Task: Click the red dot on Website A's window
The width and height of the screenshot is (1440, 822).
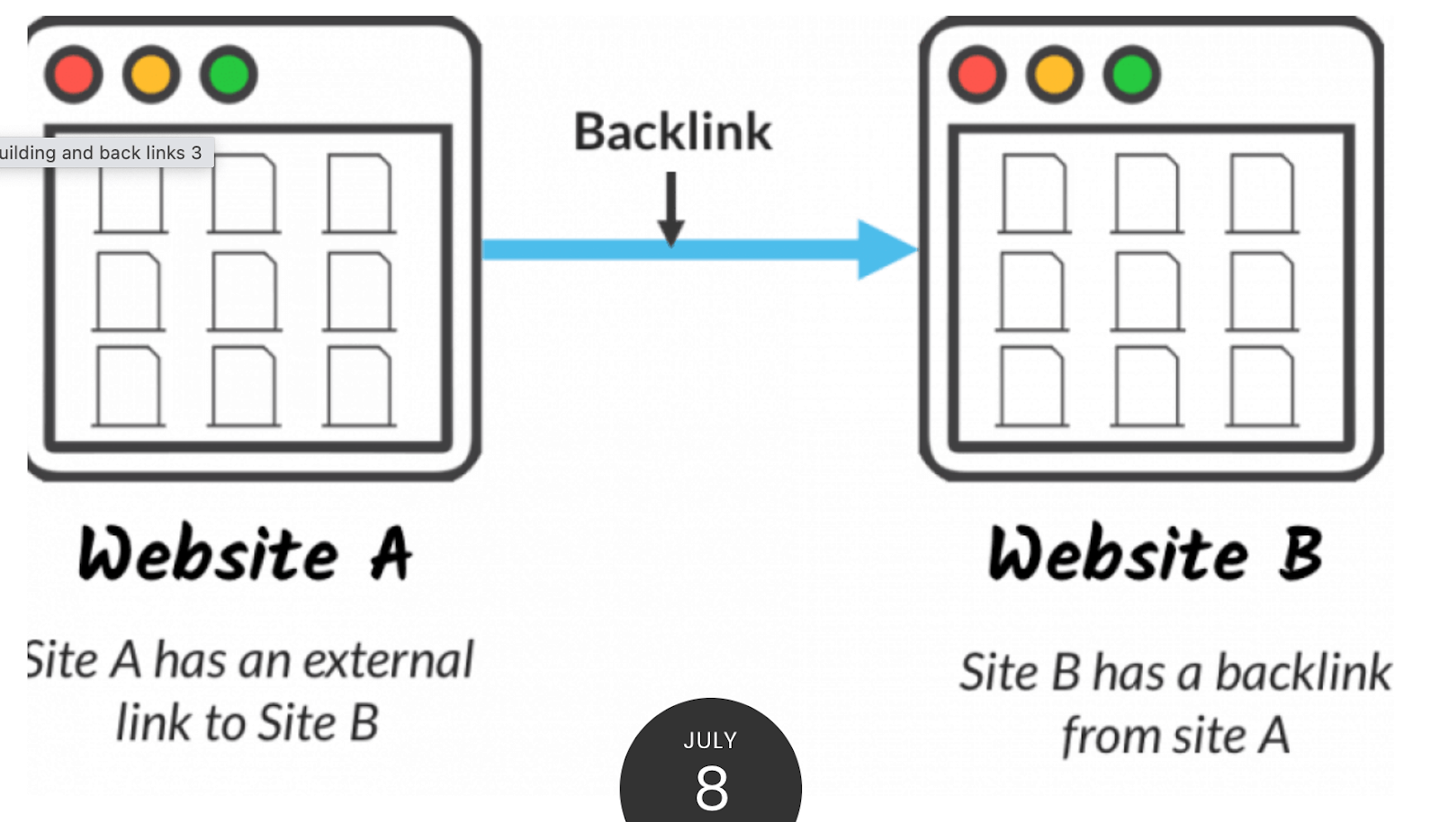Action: [74, 75]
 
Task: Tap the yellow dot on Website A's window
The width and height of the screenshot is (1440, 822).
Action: [151, 75]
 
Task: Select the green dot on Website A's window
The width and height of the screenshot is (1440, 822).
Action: [229, 75]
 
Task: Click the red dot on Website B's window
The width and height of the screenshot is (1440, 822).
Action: [977, 75]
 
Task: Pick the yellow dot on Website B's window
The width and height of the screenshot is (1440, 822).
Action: [1055, 75]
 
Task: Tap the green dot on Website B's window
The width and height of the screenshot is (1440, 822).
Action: [1132, 75]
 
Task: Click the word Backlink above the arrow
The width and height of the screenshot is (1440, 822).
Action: [672, 133]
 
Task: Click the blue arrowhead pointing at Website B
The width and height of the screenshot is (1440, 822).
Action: [884, 249]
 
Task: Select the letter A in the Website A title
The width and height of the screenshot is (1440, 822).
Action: [391, 554]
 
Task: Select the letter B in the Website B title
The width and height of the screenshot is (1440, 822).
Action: [1301, 554]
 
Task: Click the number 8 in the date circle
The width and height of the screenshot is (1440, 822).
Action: [711, 789]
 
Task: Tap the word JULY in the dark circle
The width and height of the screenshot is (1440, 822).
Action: [710, 741]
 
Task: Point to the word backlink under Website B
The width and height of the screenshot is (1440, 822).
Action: [1303, 673]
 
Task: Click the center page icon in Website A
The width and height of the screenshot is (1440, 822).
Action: [244, 291]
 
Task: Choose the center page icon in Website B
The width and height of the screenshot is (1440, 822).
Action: [1146, 291]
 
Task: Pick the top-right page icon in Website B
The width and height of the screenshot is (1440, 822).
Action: [1262, 193]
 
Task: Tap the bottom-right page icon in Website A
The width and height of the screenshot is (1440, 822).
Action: [359, 386]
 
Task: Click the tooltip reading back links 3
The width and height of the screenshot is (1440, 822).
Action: [103, 153]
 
